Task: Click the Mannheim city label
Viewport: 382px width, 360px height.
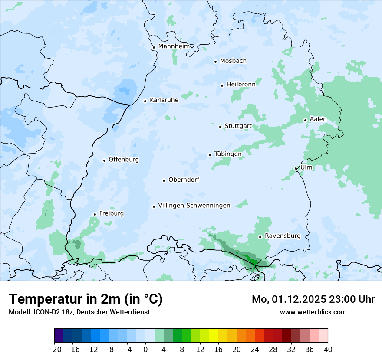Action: pyautogui.click(x=174, y=46)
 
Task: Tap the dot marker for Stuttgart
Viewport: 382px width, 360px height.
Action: pyautogui.click(x=220, y=127)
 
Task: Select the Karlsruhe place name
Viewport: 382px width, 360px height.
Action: pyautogui.click(x=164, y=100)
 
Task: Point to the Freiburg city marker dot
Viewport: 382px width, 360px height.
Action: pyautogui.click(x=95, y=214)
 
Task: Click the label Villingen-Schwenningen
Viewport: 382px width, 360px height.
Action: pyautogui.click(x=194, y=206)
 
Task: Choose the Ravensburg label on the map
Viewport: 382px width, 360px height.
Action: pyautogui.click(x=283, y=236)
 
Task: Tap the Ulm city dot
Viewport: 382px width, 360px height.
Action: pyautogui.click(x=296, y=168)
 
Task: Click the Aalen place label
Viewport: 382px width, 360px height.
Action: pyautogui.click(x=318, y=119)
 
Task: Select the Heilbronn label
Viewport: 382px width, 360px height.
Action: pyautogui.click(x=241, y=85)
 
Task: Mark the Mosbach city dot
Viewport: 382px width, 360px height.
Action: pyautogui.click(x=215, y=62)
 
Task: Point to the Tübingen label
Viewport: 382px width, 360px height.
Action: pyautogui.click(x=228, y=154)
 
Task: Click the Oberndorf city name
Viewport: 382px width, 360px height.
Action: pyautogui.click(x=184, y=180)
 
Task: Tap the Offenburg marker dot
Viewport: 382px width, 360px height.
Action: pyautogui.click(x=104, y=160)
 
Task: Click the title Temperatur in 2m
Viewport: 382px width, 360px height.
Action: pyautogui.click(x=86, y=299)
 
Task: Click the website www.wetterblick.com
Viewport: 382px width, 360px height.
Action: pyautogui.click(x=313, y=312)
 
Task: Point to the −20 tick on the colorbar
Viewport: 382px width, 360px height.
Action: pyautogui.click(x=55, y=350)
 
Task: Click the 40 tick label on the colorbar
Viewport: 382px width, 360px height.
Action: pyautogui.click(x=328, y=350)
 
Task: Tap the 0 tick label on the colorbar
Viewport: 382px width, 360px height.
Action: pyautogui.click(x=145, y=350)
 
